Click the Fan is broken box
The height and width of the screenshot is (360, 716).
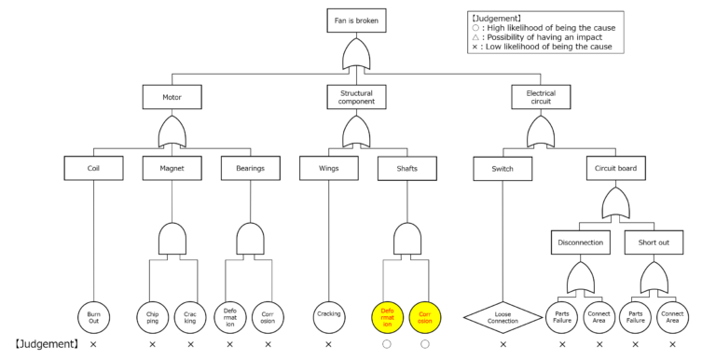pos(358,20)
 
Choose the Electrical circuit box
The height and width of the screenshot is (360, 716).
pos(541,95)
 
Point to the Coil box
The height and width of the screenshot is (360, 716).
pos(93,169)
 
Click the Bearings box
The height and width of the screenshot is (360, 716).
pos(250,169)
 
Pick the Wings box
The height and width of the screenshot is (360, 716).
pos(328,169)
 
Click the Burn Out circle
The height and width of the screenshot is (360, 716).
pos(93,316)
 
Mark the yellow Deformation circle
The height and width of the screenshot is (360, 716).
pos(386,316)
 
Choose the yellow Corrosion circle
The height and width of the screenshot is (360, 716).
pos(425,316)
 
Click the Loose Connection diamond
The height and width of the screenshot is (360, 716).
pos(503,317)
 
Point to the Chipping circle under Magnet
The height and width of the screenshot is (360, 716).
pos(152,316)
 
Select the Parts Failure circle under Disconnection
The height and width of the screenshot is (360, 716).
pos(562,316)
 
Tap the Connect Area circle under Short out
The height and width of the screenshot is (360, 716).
pos(672,316)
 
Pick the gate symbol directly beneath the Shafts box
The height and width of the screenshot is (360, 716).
pos(406,242)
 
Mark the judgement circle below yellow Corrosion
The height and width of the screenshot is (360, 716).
pos(425,345)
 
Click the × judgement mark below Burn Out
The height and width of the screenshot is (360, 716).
pos(93,345)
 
